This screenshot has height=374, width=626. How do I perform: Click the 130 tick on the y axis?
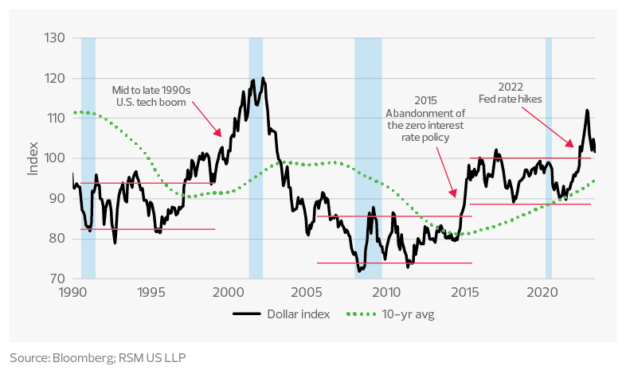54,38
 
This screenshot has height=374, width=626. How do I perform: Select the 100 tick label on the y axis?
53,158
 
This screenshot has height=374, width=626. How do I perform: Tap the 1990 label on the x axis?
72,292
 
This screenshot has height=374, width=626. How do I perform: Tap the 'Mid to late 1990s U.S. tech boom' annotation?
149,96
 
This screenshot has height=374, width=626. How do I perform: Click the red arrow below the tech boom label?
205,123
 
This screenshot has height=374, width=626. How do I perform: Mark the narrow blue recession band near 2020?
549,159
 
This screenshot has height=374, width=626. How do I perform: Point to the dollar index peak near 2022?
587,111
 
